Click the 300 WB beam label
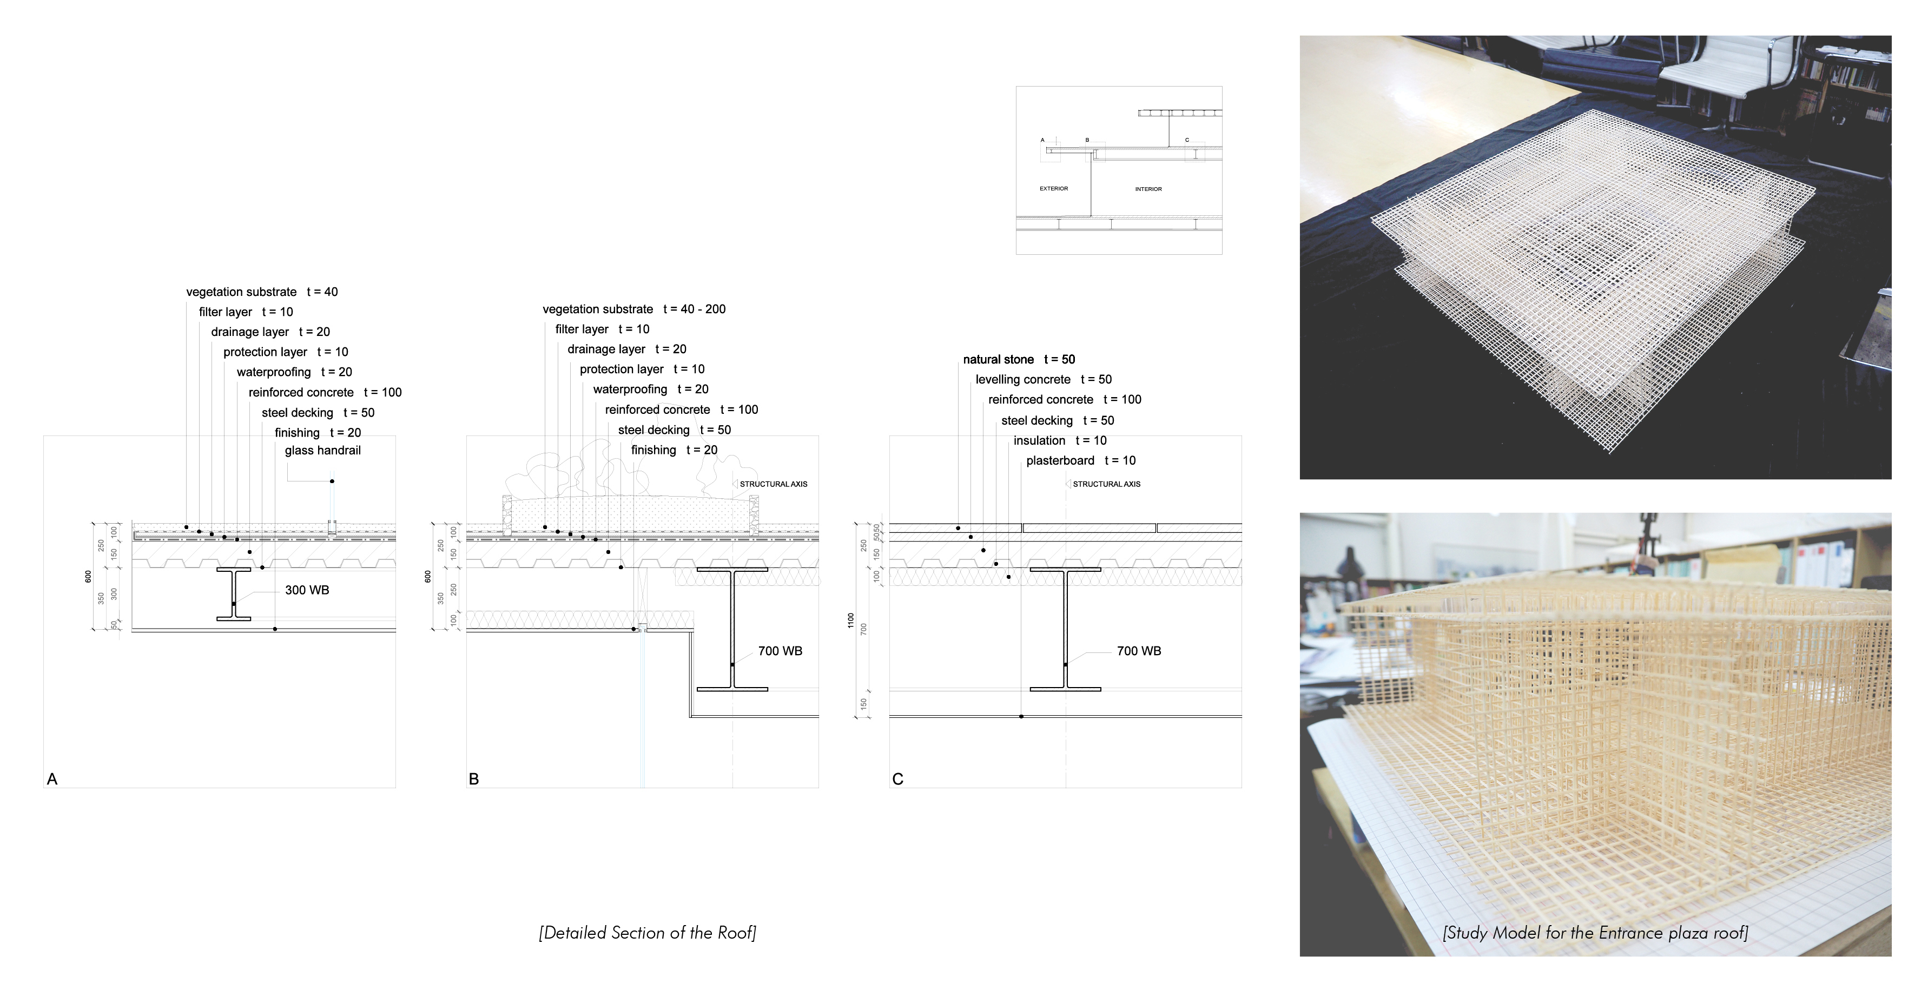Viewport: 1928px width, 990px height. [307, 590]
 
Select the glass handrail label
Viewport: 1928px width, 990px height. [322, 451]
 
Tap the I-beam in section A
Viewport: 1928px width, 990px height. [234, 594]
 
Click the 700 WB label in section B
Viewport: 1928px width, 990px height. [780, 651]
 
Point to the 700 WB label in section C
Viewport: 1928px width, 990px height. [1138, 651]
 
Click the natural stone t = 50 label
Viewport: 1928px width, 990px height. [1019, 360]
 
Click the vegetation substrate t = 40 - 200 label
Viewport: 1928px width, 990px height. [634, 309]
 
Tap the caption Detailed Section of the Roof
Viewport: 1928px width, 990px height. [648, 932]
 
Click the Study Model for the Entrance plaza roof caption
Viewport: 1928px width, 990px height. [1595, 932]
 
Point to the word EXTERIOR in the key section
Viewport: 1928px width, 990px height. [1053, 189]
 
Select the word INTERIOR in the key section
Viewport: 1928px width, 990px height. [1148, 189]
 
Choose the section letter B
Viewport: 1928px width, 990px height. [474, 779]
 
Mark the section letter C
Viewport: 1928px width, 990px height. [897, 779]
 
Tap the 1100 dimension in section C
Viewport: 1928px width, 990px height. [851, 621]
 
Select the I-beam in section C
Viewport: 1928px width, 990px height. [1065, 629]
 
